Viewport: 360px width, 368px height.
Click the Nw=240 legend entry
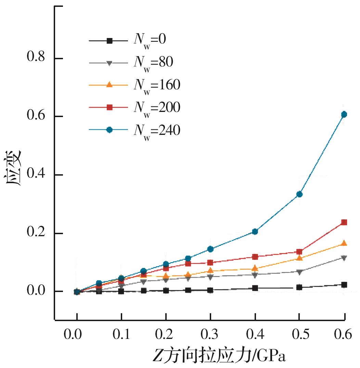(133, 130)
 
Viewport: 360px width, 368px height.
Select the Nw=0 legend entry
(133, 40)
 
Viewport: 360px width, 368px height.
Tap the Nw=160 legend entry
(133, 85)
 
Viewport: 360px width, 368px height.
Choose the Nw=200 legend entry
(133, 108)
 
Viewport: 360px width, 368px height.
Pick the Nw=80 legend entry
(133, 63)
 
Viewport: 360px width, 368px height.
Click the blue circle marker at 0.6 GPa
(344, 114)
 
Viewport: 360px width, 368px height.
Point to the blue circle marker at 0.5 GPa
(299, 194)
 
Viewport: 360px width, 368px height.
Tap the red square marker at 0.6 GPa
(344, 222)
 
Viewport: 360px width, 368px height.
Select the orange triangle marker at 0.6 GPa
(344, 243)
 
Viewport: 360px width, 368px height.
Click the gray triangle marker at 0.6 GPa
(344, 258)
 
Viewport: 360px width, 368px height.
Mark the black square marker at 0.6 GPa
(344, 285)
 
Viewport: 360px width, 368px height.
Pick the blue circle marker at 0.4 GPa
(255, 232)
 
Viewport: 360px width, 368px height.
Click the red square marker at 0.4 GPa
(255, 257)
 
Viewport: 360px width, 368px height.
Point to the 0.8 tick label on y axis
(36, 58)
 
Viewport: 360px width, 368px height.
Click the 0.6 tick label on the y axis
(36, 116)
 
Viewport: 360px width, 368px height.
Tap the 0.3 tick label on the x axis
(210, 334)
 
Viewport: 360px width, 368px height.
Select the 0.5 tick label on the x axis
(299, 334)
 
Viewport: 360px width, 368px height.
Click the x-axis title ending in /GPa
(219, 356)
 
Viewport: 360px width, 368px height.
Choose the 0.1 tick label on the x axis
(121, 334)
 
